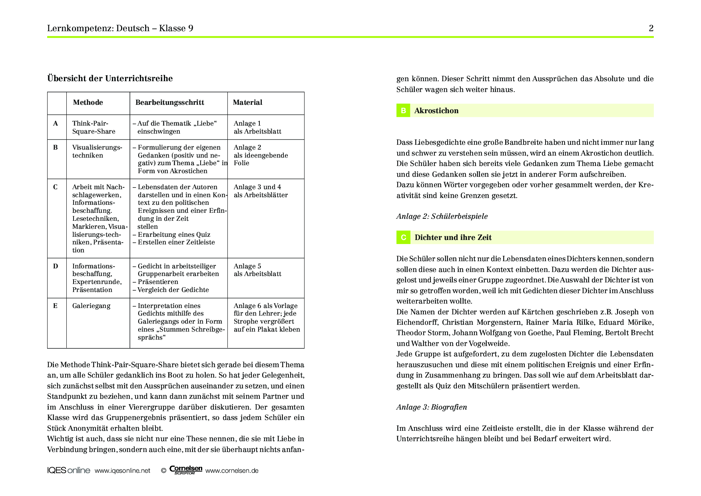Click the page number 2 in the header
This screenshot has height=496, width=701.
tap(651, 28)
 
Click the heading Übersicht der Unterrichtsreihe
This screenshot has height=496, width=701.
tap(110, 78)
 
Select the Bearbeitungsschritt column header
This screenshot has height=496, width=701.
tap(169, 102)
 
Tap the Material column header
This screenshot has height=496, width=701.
tap(247, 102)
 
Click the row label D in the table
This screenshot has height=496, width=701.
tap(56, 266)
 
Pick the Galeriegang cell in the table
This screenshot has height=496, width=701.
tap(91, 306)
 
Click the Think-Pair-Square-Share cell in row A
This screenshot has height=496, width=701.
tap(94, 127)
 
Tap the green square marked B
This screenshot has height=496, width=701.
tap(403, 111)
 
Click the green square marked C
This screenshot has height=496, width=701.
tap(403, 238)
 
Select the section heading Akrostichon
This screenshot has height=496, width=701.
tap(436, 111)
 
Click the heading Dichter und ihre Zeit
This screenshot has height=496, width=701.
tap(453, 238)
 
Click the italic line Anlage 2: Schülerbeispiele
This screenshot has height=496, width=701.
tap(442, 216)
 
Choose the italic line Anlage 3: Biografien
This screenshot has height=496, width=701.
tap(431, 407)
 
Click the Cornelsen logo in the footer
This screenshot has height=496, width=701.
tap(186, 470)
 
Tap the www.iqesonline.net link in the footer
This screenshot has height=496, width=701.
tap(122, 471)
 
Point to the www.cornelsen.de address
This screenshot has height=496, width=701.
tap(232, 471)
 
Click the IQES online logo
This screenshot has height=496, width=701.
tap(68, 470)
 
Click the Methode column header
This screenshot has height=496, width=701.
tap(88, 102)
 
